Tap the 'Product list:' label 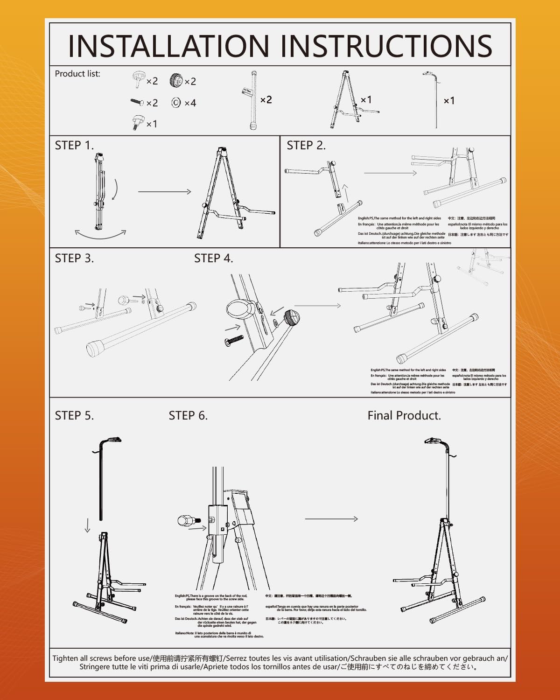[x=77, y=74]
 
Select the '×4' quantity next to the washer [x=190, y=103]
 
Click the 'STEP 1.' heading [x=74, y=146]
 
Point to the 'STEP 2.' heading [x=306, y=146]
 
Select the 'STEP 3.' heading [x=74, y=259]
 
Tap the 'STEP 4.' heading [x=213, y=259]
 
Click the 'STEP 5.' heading [x=74, y=416]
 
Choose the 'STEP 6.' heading [x=188, y=416]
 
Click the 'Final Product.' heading [x=404, y=416]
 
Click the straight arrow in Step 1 [x=164, y=191]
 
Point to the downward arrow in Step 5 [x=87, y=526]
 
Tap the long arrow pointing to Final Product [x=331, y=519]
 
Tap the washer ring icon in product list [x=176, y=103]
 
